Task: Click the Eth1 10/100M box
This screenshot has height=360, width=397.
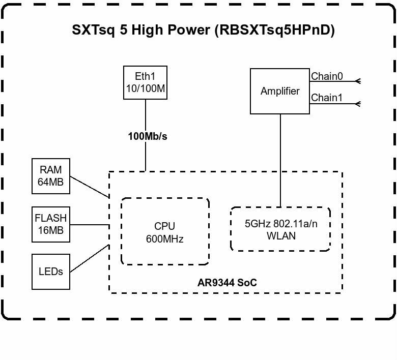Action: [146, 82]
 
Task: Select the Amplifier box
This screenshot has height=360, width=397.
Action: [280, 92]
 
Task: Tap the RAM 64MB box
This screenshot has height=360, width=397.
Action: [51, 176]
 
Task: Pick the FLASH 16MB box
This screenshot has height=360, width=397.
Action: [51, 224]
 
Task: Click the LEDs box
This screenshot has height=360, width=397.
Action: [51, 272]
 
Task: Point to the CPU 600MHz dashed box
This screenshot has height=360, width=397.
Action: [165, 232]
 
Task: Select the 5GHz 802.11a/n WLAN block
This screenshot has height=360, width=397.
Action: [280, 229]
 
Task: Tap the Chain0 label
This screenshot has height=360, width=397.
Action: [327, 77]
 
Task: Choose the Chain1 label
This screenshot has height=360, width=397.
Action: [327, 98]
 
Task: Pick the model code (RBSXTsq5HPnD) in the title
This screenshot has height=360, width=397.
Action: [275, 30]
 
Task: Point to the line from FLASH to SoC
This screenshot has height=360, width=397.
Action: [90, 223]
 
